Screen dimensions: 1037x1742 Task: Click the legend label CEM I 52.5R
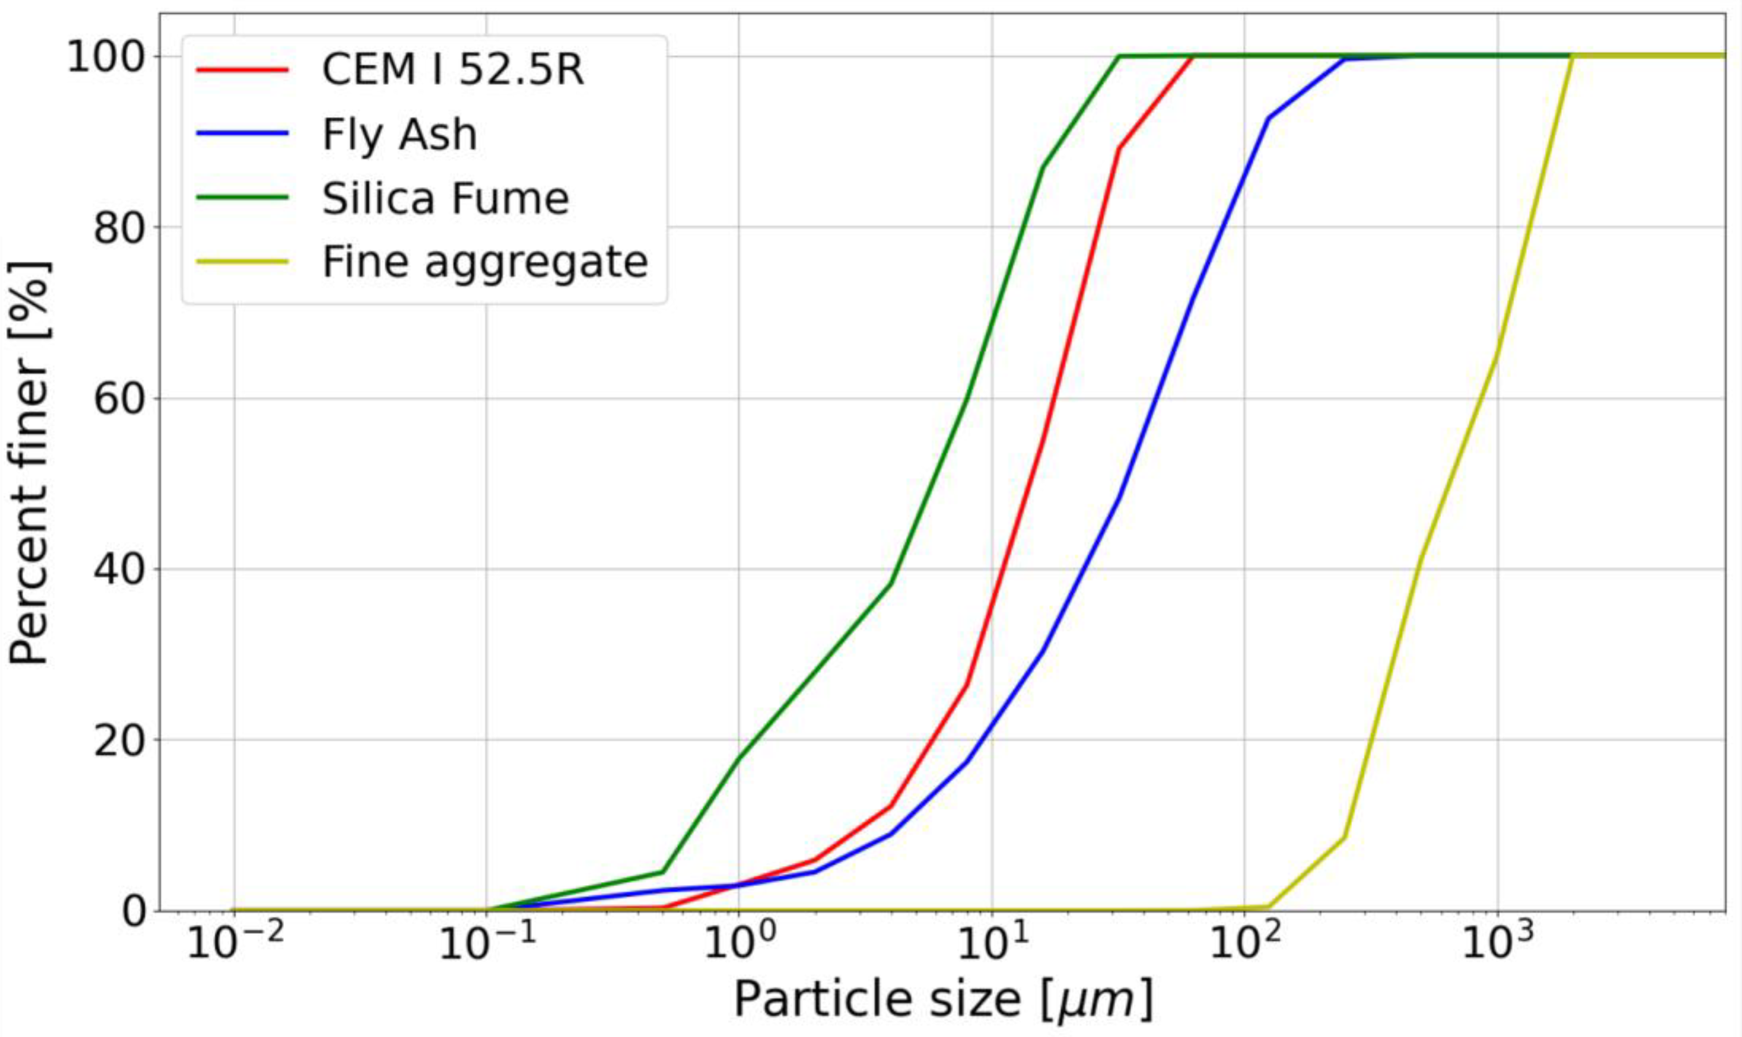tap(452, 70)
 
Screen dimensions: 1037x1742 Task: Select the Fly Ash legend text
tap(399, 134)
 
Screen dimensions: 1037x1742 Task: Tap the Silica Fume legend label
tap(445, 199)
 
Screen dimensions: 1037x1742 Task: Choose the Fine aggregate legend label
tap(485, 262)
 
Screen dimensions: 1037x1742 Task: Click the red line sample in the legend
tap(242, 70)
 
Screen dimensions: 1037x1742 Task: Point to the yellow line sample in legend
tap(242, 262)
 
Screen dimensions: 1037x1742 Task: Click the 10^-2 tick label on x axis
tap(235, 945)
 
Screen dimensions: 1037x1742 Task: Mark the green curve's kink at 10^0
tap(738, 759)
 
